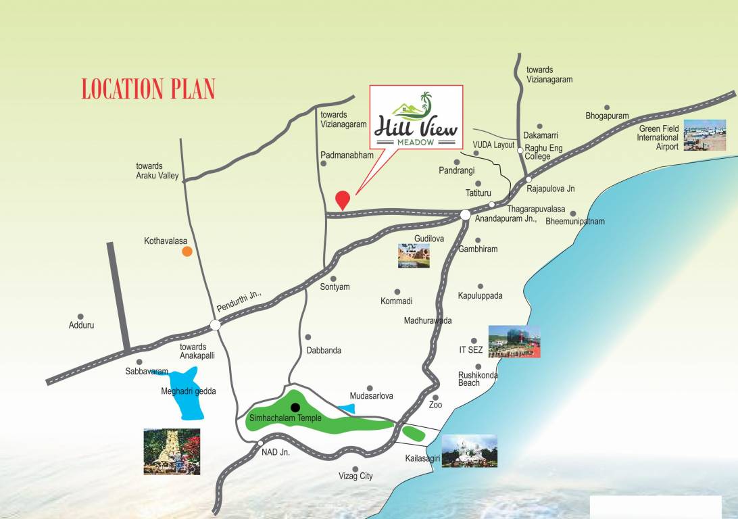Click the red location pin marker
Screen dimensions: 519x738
click(343, 199)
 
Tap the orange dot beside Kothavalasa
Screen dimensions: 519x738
click(187, 251)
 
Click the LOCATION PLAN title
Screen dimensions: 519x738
click(148, 89)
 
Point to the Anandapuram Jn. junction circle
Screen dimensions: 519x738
click(466, 214)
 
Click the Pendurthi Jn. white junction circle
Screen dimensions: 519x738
click(215, 325)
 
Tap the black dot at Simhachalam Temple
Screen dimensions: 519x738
click(295, 407)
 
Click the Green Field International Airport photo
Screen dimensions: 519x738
click(704, 135)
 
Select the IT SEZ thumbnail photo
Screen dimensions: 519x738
click(514, 342)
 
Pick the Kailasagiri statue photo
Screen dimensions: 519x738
click(469, 451)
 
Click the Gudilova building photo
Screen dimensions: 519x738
click(414, 256)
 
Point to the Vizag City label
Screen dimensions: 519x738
click(355, 476)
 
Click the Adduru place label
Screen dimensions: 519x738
click(81, 325)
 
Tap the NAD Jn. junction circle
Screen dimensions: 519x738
click(260, 444)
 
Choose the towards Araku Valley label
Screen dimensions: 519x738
click(157, 171)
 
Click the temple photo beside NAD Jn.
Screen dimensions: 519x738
click(172, 451)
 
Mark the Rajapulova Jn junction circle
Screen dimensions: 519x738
click(528, 179)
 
